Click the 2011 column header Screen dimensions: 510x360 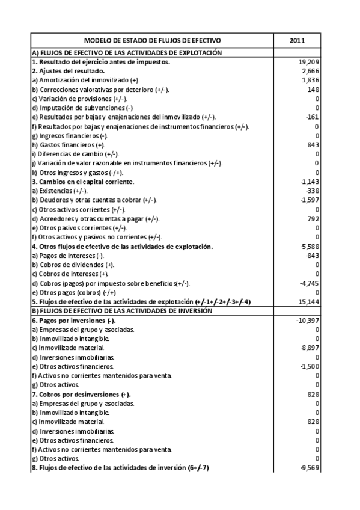[x=297, y=40]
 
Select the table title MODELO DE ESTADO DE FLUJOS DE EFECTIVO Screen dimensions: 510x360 [x=152, y=40]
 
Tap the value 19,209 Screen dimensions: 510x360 [x=308, y=61]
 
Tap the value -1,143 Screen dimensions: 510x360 [x=309, y=182]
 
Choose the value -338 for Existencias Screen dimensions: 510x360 [x=312, y=191]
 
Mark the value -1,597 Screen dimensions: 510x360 [x=309, y=200]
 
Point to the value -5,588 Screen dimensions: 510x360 [x=309, y=246]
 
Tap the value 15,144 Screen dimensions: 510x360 [x=308, y=301]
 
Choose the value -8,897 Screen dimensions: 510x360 [x=309, y=348]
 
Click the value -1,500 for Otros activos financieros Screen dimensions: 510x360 [x=309, y=366]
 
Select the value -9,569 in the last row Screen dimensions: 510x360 [x=309, y=468]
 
